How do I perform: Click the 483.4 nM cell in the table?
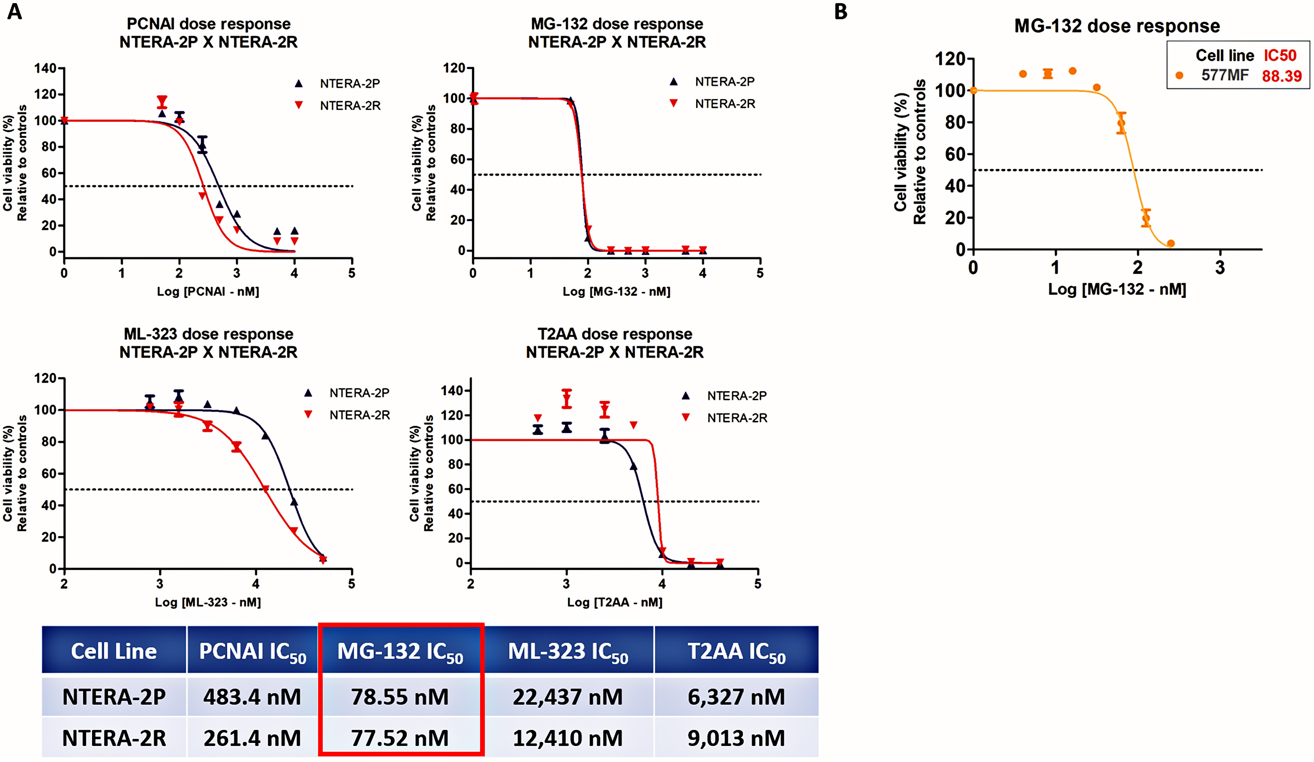[252, 697]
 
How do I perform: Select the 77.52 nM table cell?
[400, 738]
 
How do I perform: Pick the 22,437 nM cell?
[568, 697]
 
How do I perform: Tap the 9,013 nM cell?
[736, 738]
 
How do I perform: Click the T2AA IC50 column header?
[736, 651]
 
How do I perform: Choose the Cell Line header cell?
[114, 651]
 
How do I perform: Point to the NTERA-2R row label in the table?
[114, 738]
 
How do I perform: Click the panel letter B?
[841, 12]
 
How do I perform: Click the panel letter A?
[15, 12]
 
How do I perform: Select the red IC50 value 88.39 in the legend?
[1282, 76]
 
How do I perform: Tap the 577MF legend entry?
[1225, 75]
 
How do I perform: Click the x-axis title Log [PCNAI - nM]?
[208, 292]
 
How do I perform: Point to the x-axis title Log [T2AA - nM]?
[615, 602]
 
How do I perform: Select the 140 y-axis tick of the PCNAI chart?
[45, 68]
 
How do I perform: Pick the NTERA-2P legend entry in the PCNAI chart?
[349, 84]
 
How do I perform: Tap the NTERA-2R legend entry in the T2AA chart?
[737, 418]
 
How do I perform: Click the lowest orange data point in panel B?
[1170, 244]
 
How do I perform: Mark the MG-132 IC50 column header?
[400, 651]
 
